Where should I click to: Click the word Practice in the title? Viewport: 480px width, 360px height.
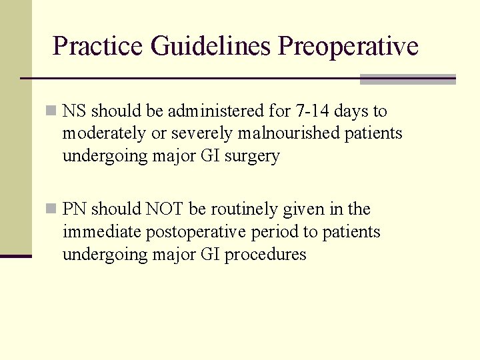[x=98, y=47]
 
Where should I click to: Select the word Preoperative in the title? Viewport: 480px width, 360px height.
[x=349, y=47]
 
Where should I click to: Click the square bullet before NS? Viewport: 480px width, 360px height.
[x=51, y=111]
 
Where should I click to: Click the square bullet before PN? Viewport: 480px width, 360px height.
[x=51, y=209]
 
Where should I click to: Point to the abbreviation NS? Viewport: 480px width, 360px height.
[x=74, y=111]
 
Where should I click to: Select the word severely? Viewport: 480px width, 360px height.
[x=198, y=133]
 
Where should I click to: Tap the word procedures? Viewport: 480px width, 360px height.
[x=265, y=255]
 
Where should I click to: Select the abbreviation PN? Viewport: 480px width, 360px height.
[x=74, y=209]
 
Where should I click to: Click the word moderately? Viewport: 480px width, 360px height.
[x=104, y=133]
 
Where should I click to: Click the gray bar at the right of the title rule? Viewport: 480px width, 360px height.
[x=407, y=79]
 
